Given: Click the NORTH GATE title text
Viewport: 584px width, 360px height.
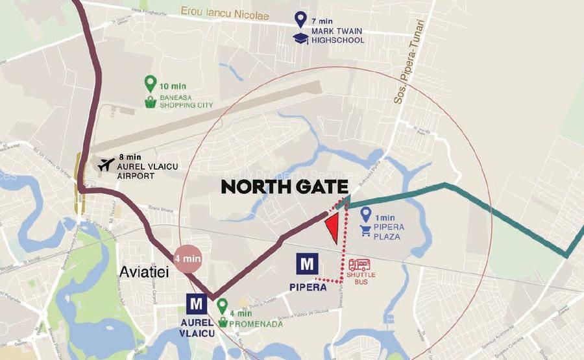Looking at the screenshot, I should pos(285,187).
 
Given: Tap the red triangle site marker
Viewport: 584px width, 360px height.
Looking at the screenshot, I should pos(332,228).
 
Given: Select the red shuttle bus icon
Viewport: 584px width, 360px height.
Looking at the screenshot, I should pos(359,265).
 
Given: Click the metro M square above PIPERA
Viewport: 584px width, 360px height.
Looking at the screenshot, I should pos(307,265).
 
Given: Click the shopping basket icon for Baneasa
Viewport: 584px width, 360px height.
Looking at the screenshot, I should pos(151,102).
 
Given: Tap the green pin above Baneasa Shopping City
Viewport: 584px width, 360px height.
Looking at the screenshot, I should pos(151,84).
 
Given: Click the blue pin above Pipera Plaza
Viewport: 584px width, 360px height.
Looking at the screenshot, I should pos(366,213).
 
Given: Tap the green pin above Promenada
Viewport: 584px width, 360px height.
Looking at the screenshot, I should pos(222,304).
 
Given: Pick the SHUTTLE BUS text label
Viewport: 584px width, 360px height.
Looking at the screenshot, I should pos(361,278).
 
